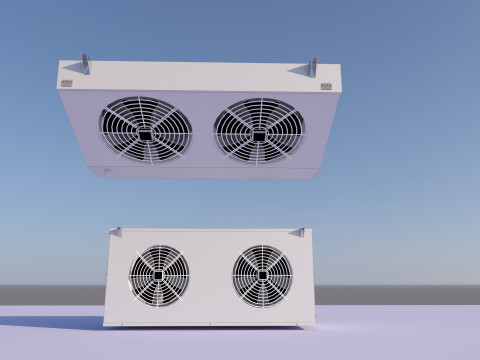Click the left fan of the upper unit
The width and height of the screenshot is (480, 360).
click(x=145, y=130)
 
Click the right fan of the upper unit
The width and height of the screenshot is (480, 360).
click(x=259, y=131)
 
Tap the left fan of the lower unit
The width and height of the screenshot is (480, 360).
click(x=159, y=275)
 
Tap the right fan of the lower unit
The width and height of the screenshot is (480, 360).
click(x=262, y=275)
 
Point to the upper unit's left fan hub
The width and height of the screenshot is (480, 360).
click(x=145, y=133)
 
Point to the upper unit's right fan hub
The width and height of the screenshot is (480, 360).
click(x=259, y=134)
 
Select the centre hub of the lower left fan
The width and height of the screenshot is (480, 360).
click(x=159, y=275)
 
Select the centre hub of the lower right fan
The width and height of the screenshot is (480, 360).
click(x=262, y=275)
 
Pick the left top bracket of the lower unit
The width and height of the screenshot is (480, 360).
click(x=116, y=232)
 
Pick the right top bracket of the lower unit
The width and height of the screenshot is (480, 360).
click(x=297, y=232)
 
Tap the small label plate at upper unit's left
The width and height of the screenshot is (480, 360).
click(x=66, y=84)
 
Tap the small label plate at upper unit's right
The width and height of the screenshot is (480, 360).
click(x=327, y=86)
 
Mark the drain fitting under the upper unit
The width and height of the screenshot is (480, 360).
click(x=106, y=171)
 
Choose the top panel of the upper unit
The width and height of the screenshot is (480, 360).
click(x=200, y=75)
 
